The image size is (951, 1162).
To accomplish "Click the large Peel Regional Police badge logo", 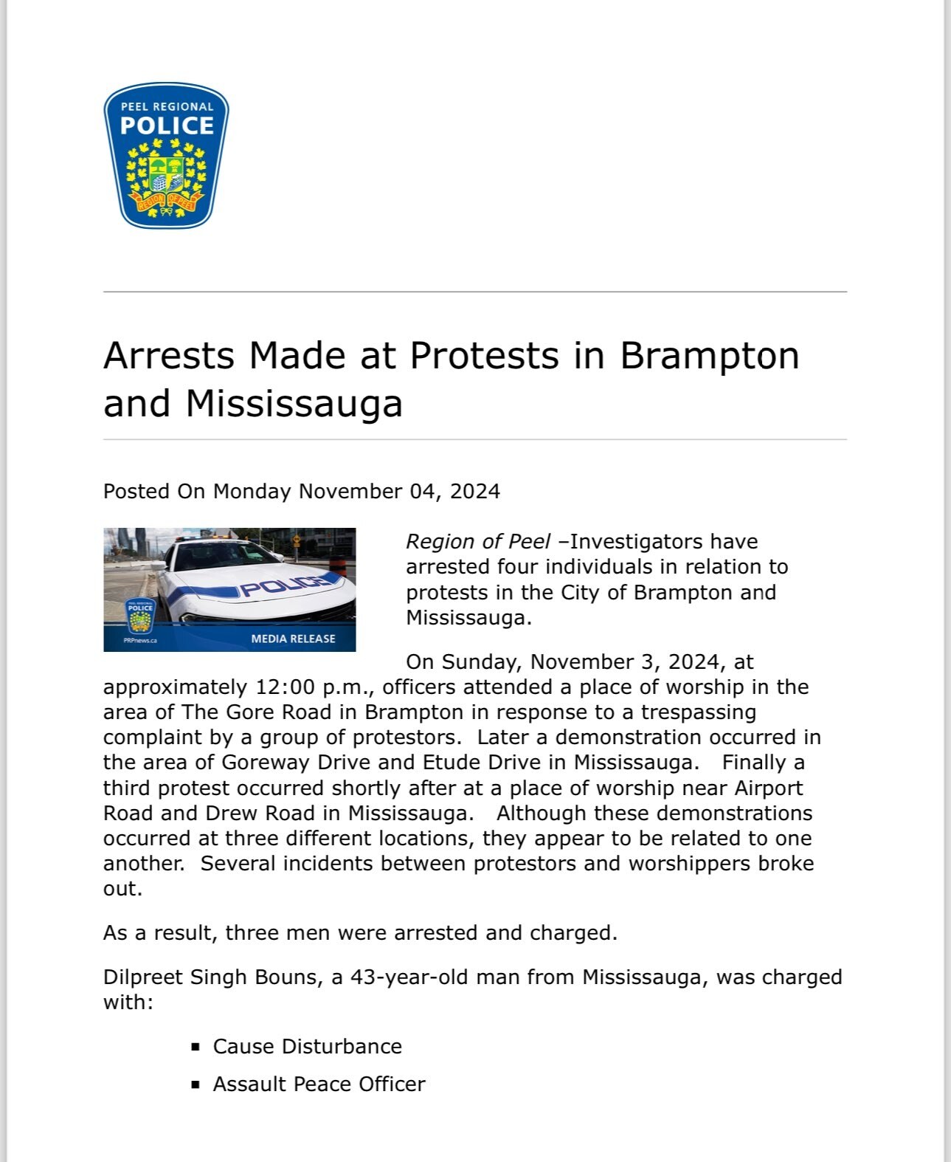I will point(166,155).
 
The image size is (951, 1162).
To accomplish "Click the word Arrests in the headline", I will point(169,356).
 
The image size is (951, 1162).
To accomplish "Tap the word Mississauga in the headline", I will point(294,404).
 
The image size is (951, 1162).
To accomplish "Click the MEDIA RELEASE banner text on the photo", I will point(293,639).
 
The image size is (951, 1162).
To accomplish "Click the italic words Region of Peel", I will point(478,542).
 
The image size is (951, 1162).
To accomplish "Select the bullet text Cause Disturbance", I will point(307,1047).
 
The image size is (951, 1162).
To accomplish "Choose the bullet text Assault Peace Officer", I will point(319,1084).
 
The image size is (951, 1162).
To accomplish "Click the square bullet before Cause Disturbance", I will point(196,1047).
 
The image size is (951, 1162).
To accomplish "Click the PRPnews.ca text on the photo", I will point(140,641).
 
